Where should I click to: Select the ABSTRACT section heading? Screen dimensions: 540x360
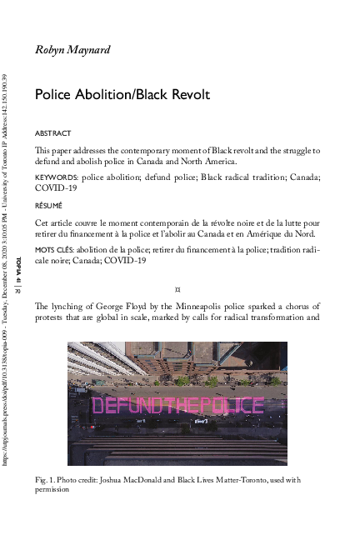tap(52, 133)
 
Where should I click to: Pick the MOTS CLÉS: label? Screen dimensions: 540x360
tap(54, 249)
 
